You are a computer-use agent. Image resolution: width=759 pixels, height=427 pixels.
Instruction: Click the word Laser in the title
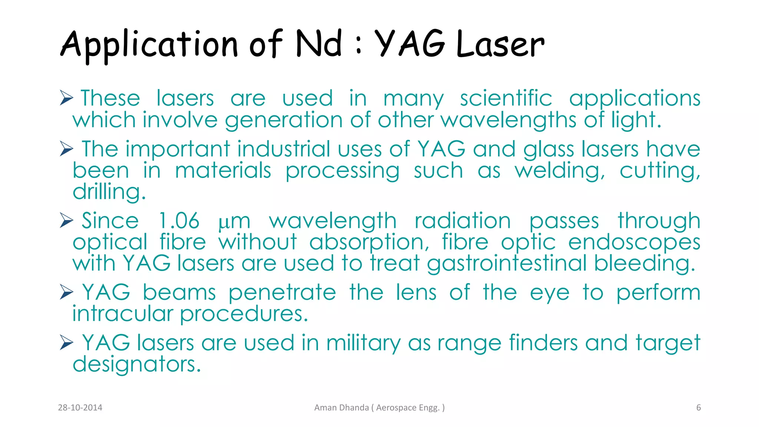click(500, 44)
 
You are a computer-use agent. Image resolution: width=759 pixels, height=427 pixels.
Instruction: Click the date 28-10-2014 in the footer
click(80, 408)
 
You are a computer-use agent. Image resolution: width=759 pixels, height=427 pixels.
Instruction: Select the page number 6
click(699, 408)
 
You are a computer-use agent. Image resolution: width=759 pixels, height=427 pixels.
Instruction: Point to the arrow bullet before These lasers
click(66, 98)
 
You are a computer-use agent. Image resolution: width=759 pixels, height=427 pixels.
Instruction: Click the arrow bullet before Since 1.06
click(66, 221)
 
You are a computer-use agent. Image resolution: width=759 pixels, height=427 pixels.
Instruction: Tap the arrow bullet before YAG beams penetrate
click(66, 292)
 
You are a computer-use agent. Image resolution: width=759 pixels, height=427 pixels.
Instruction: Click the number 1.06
click(179, 221)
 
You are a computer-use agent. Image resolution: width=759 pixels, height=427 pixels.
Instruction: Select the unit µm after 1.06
click(234, 222)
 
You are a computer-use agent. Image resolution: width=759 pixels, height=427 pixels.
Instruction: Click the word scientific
click(506, 99)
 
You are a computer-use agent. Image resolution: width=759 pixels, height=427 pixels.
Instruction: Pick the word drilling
click(109, 192)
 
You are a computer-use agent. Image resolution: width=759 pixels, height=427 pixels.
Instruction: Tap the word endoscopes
click(634, 242)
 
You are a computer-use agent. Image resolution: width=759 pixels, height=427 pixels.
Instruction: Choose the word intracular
click(122, 314)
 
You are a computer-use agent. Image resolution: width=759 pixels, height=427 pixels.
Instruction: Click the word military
click(363, 343)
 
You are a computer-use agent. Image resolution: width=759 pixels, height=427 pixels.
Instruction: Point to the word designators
click(136, 364)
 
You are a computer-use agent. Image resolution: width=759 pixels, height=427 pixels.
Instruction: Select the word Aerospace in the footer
click(396, 408)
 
